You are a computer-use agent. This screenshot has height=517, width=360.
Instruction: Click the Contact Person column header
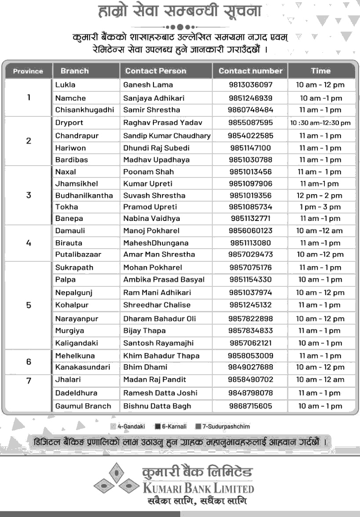[x=156, y=71]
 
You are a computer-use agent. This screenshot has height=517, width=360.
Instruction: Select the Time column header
[x=320, y=71]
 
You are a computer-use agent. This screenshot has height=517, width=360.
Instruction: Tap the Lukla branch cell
[x=65, y=85]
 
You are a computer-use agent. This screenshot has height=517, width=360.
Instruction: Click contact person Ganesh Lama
[x=148, y=85]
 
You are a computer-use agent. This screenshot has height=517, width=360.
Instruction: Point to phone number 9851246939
[x=251, y=98]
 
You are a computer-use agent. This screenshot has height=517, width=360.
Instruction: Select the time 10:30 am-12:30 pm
[x=320, y=123]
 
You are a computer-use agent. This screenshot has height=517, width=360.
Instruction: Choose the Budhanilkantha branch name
[x=84, y=195]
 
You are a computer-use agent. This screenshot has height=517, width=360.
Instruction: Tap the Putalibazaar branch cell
[x=78, y=254]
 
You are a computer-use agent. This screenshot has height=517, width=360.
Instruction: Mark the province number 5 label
[x=29, y=305]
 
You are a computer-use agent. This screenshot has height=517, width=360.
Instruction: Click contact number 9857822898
[x=251, y=319]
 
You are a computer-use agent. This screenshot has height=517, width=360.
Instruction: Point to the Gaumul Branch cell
[x=83, y=406]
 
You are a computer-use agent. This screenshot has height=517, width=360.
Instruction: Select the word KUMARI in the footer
[x=164, y=488]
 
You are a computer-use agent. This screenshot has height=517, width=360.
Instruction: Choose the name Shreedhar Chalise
[x=157, y=305]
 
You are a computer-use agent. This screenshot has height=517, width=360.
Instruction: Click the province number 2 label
[x=29, y=141]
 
